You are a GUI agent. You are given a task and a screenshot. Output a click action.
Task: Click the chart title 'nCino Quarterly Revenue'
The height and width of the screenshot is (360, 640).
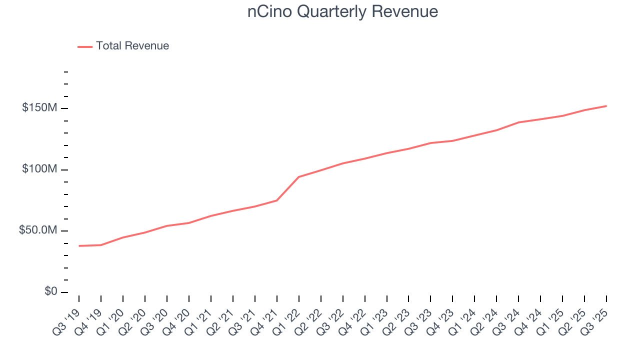coord(342,12)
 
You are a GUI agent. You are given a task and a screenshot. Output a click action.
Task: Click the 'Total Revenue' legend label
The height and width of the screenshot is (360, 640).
coord(132,46)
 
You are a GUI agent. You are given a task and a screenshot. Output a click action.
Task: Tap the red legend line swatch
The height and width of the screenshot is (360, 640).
coord(85,46)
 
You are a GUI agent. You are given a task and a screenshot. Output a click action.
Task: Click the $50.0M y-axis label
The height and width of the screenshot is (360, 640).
coord(38,230)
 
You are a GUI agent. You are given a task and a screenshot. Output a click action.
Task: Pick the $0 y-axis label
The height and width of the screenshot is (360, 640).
coord(49,291)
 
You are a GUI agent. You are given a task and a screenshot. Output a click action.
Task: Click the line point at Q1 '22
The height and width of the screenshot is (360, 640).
coord(299,177)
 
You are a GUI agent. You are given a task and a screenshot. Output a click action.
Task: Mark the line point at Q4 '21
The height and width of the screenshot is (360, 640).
coord(277,200)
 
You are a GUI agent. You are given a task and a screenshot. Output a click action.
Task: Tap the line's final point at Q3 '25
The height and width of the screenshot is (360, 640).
coord(606,106)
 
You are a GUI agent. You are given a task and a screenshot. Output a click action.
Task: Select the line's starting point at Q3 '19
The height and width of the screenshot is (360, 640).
coord(79,246)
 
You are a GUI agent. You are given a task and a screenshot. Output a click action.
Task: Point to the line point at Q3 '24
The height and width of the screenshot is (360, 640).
coord(518,122)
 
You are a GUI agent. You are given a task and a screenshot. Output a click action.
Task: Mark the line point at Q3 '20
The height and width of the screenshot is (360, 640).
coord(167,226)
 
